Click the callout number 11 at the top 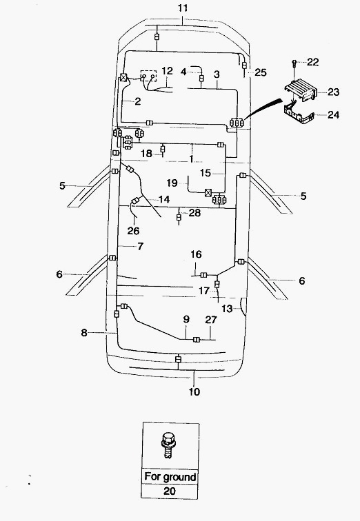[x=183, y=8]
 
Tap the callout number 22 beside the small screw [x=313, y=62]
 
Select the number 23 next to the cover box [x=333, y=92]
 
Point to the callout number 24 [x=333, y=114]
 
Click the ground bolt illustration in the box [x=168, y=445]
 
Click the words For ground [x=170, y=477]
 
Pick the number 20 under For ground [x=170, y=491]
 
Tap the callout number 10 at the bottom [x=194, y=391]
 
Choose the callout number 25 [x=261, y=72]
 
